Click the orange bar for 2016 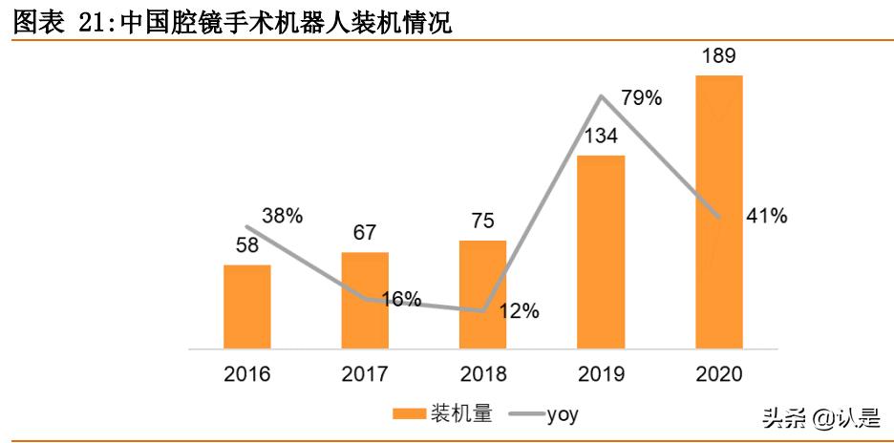point(247,306)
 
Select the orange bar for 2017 point(365,300)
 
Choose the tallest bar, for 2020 point(718,211)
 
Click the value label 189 point(718,56)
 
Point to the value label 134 point(601,137)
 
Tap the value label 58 point(247,245)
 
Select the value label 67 point(365,233)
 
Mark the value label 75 point(482,221)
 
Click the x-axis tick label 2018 point(482,373)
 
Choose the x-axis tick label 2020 point(718,373)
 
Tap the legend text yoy point(563,414)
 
